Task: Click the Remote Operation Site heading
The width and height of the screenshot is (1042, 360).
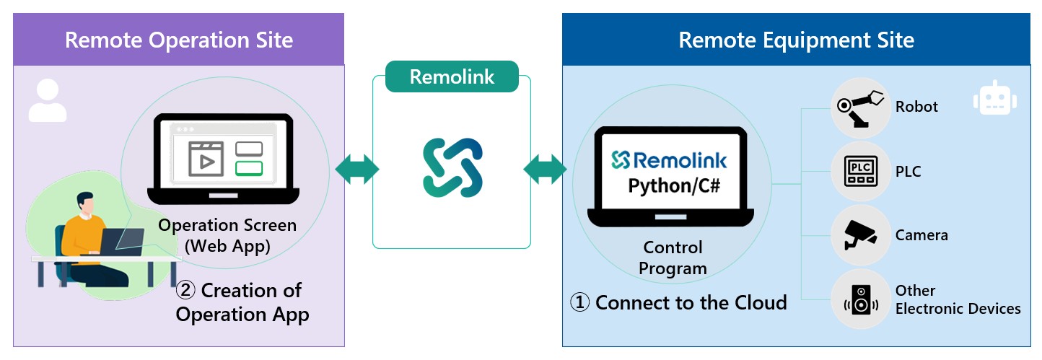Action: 179,39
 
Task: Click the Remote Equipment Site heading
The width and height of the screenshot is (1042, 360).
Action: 796,39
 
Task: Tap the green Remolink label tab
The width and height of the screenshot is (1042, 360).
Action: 452,76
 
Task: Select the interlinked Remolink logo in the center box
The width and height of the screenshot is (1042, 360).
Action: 452,167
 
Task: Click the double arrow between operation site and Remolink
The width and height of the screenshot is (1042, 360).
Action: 357,168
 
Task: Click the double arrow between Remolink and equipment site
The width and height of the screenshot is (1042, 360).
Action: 546,168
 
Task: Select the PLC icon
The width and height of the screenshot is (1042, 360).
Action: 859,172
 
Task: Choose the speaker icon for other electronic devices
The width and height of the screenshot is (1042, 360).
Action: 859,299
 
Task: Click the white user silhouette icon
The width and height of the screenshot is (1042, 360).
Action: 47,100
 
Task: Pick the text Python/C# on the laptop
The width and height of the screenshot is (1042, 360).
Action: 669,185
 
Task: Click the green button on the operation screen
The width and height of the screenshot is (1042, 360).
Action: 249,168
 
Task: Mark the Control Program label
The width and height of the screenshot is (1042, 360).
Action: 673,258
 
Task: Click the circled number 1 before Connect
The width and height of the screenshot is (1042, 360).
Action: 580,302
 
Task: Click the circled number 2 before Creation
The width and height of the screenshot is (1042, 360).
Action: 186,291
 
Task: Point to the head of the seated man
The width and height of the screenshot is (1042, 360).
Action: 85,204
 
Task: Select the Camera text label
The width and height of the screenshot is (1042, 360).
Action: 921,235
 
